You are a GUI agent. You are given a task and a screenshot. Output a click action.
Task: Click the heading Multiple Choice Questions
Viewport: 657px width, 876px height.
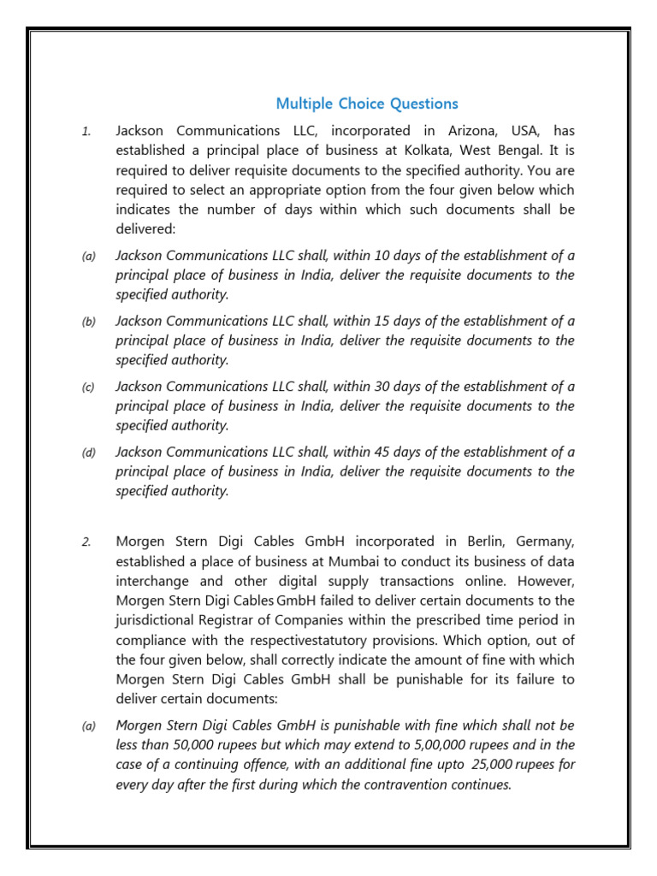click(367, 104)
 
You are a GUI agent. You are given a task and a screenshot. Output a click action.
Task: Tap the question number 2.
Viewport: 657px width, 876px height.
click(86, 542)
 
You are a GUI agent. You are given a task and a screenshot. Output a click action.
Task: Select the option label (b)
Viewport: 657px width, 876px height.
click(89, 322)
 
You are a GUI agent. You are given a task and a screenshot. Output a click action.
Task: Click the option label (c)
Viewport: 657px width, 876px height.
click(89, 387)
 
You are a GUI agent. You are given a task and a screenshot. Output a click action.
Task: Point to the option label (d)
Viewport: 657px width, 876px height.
click(89, 453)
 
